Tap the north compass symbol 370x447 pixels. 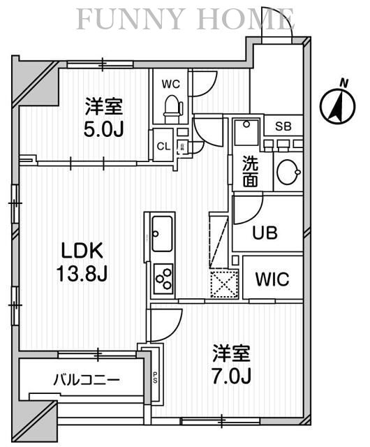(x=334, y=105)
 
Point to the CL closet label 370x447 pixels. (x=162, y=146)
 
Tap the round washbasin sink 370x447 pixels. (x=287, y=173)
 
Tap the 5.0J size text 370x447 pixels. (x=105, y=129)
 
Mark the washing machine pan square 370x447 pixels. (x=246, y=131)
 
